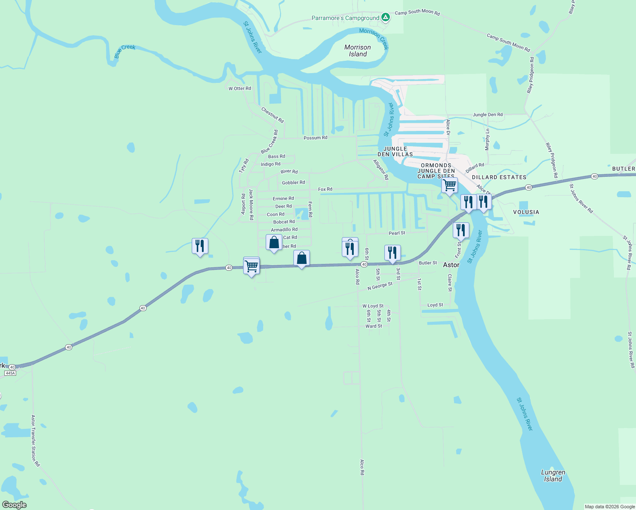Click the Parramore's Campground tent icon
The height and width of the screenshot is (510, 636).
point(385,17)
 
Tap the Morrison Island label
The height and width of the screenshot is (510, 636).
point(358,51)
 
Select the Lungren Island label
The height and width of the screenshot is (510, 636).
point(553,476)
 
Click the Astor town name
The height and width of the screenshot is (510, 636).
point(451,265)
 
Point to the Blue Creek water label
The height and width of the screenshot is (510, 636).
point(125,51)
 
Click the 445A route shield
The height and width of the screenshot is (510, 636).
point(10,373)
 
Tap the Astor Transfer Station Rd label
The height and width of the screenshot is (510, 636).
point(35,441)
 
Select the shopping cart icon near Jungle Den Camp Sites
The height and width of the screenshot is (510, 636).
point(449,185)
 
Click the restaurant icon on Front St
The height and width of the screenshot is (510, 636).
point(461,230)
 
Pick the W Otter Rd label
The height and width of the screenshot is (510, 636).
point(240,88)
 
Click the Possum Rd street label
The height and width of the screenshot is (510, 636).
point(315,138)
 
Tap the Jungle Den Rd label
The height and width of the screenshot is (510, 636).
point(488,115)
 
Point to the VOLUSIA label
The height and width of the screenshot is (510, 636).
point(526,212)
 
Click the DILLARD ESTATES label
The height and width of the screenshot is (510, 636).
point(499,177)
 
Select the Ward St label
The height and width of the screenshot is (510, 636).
point(374,326)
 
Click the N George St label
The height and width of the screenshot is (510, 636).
point(380,286)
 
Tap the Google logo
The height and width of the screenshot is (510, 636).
point(14,504)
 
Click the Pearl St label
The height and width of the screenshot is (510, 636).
point(397,233)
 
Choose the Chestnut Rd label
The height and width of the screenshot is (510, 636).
point(273,115)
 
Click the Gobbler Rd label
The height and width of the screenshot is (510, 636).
point(293,182)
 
